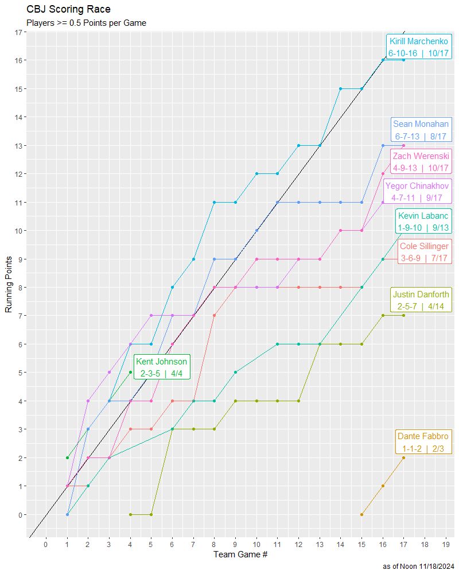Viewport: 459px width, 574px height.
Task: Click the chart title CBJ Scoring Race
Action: [x=68, y=10]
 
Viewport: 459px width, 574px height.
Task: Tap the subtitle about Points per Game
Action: [x=86, y=23]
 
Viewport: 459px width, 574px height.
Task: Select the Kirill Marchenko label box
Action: [x=418, y=47]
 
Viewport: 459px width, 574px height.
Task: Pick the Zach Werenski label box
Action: [x=421, y=162]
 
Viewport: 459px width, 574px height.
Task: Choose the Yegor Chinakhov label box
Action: [x=418, y=191]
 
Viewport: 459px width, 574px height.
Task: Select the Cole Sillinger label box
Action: [x=424, y=252]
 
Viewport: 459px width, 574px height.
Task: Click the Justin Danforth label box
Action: [x=421, y=300]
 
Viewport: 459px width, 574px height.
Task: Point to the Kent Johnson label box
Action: [x=161, y=367]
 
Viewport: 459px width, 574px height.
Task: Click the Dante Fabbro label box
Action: [x=423, y=442]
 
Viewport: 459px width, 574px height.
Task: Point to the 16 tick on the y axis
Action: [x=18, y=60]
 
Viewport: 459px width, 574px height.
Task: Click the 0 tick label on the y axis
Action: [x=20, y=515]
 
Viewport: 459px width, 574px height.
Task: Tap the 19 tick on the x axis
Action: [x=446, y=544]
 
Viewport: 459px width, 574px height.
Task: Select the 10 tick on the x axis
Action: [x=256, y=544]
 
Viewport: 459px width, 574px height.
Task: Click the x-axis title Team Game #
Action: [x=240, y=554]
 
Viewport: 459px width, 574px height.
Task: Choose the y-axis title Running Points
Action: [x=9, y=285]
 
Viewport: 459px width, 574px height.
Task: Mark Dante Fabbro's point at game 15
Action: [x=361, y=515]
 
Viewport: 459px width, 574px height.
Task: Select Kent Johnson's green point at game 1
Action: [x=67, y=458]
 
